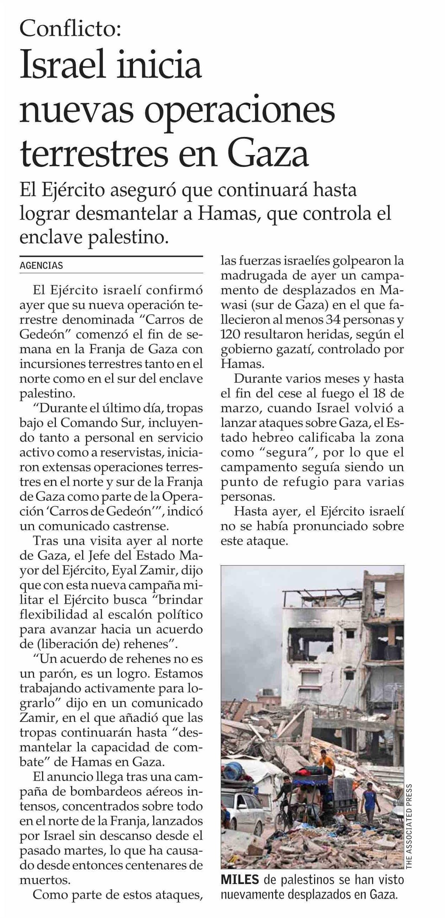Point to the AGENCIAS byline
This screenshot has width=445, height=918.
click(x=41, y=265)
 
